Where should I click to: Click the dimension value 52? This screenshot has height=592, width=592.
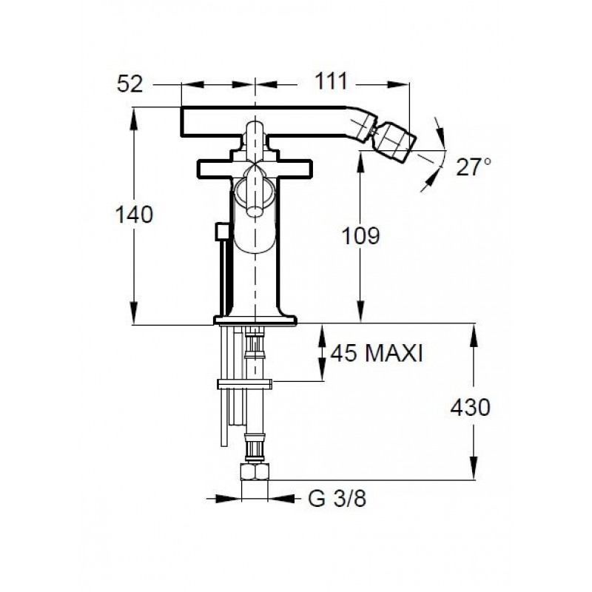click(130, 84)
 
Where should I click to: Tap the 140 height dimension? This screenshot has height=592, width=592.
click(134, 215)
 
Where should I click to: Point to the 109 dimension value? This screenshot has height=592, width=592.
click(360, 236)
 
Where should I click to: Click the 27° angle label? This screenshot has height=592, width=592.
click(474, 167)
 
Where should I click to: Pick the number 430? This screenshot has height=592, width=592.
click(471, 408)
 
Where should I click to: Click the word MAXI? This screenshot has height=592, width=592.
click(394, 354)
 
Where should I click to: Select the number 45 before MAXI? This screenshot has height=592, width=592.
click(343, 354)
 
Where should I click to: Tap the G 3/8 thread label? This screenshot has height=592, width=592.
click(337, 499)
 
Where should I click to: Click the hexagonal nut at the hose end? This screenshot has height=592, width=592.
click(255, 472)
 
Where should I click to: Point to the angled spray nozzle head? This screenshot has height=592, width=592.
click(397, 141)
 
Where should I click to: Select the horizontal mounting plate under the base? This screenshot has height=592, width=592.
click(245, 384)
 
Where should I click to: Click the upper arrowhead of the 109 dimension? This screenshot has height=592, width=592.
click(361, 161)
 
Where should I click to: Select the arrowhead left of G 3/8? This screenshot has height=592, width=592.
click(229, 499)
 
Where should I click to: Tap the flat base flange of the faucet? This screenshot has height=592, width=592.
click(255, 320)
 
